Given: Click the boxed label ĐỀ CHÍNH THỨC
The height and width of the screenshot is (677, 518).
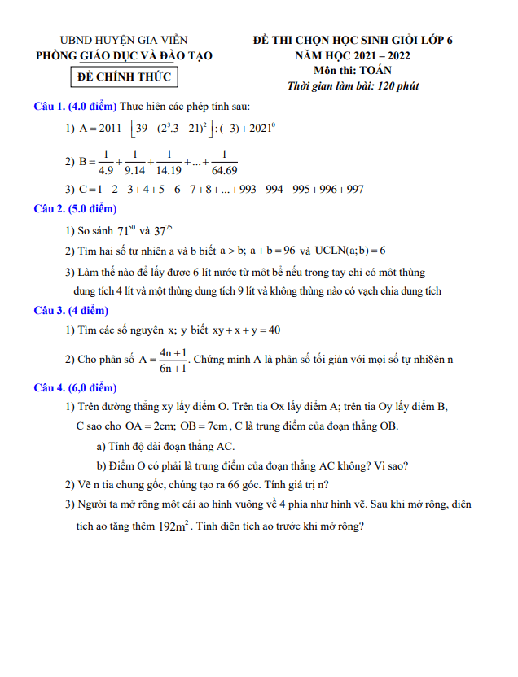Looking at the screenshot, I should point(124,77).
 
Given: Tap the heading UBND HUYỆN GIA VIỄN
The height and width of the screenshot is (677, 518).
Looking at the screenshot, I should point(124,40).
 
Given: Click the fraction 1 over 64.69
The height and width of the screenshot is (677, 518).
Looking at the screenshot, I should point(224,162).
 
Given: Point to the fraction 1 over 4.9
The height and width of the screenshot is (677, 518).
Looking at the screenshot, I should point(105,162).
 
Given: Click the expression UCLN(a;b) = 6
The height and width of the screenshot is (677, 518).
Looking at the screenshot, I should point(349,251).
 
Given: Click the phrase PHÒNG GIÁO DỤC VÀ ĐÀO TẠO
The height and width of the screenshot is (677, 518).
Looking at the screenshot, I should point(124,55).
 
